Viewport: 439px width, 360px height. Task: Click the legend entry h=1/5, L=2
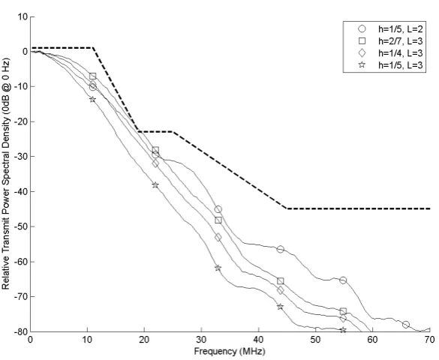(x=390, y=28)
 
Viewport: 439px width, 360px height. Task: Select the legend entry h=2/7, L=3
(x=390, y=40)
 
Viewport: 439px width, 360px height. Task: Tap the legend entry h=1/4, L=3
(x=390, y=52)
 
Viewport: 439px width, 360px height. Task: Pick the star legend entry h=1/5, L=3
(x=390, y=65)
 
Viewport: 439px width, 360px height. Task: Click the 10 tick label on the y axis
(x=23, y=16)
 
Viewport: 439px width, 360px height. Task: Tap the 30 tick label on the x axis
(x=201, y=340)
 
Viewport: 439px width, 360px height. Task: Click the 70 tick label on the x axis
(x=430, y=340)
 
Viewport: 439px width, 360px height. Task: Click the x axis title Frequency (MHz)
(x=230, y=351)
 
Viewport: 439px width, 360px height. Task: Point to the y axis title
(x=5, y=174)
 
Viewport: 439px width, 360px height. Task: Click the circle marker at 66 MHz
(x=406, y=325)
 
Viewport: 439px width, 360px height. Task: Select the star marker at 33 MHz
(x=218, y=268)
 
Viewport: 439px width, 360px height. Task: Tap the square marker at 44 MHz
(x=280, y=280)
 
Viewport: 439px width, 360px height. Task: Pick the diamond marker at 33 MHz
(x=218, y=238)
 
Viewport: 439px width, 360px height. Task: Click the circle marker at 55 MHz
(x=343, y=280)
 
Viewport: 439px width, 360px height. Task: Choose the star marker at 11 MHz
(x=92, y=99)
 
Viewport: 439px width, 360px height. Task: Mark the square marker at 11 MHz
(x=92, y=76)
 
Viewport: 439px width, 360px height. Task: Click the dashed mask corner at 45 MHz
(x=287, y=208)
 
